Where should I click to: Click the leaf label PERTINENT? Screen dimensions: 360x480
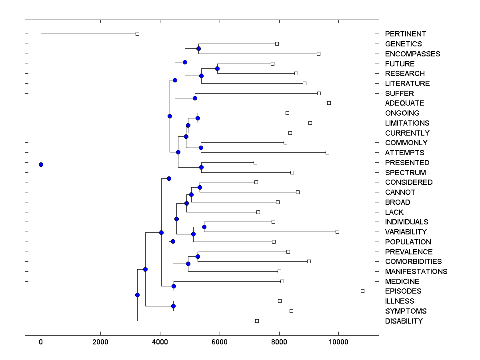[405, 34]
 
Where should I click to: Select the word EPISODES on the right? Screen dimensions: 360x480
[403, 291]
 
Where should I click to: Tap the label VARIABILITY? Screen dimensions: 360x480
[406, 232]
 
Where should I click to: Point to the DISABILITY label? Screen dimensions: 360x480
[404, 321]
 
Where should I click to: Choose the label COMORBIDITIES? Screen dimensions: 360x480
[413, 262]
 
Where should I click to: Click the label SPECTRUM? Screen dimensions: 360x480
[405, 173]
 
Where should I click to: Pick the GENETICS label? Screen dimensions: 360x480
[403, 44]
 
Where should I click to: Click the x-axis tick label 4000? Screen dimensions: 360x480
[160, 342]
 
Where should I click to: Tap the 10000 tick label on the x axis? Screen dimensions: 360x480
[338, 342]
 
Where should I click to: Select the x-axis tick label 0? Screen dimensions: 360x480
[41, 342]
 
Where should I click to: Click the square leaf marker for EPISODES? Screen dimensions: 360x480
[362, 291]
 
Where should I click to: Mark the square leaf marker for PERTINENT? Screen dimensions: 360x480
[137, 34]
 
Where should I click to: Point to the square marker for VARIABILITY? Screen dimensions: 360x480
[337, 232]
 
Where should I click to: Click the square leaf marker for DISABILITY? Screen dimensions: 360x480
[257, 321]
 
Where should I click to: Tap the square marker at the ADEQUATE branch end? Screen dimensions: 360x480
[329, 103]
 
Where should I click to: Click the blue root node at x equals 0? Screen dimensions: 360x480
[41, 164]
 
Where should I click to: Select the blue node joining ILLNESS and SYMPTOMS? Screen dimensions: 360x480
[173, 306]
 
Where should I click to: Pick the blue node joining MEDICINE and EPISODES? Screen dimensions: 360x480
[174, 286]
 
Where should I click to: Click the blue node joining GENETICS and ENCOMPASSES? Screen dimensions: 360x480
[198, 48]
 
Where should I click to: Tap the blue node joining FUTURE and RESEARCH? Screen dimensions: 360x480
[217, 68]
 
